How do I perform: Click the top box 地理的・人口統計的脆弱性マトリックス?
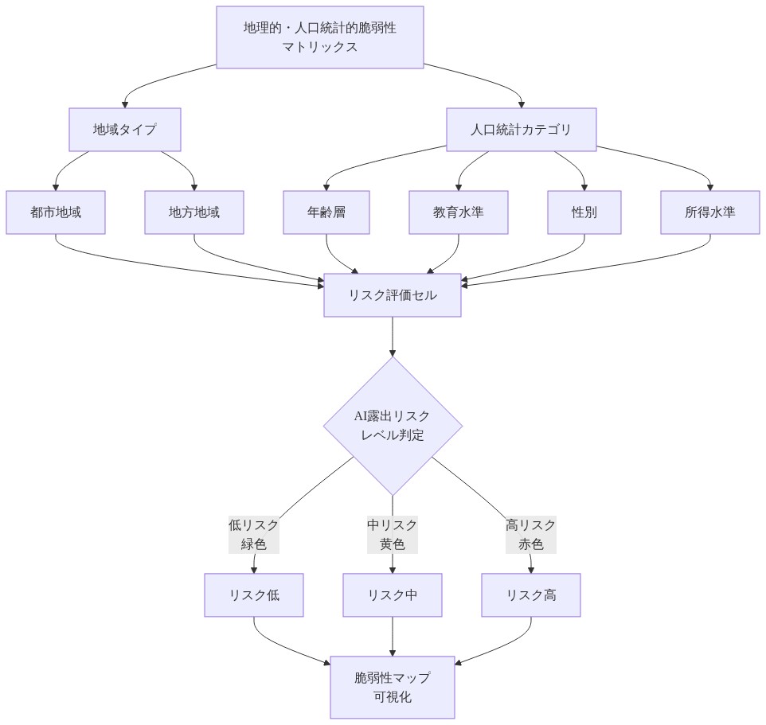(x=319, y=37)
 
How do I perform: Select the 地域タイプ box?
(x=125, y=130)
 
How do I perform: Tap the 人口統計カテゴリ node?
(x=521, y=130)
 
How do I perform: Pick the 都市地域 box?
(x=56, y=212)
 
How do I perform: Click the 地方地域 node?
(x=194, y=212)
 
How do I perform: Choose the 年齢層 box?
(x=326, y=212)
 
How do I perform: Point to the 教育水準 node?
(x=459, y=212)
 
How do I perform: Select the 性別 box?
(x=584, y=212)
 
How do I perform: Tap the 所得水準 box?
(x=710, y=212)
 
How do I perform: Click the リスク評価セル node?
(x=393, y=295)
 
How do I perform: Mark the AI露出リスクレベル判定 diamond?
(x=393, y=426)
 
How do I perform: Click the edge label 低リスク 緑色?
(x=254, y=535)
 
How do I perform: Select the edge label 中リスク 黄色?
(x=393, y=535)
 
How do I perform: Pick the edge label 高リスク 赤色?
(x=531, y=535)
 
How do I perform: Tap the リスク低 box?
(x=254, y=595)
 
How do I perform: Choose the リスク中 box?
(x=393, y=595)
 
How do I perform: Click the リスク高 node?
(x=531, y=595)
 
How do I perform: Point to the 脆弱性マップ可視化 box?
(x=393, y=688)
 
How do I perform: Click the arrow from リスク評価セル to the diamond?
(x=393, y=336)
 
